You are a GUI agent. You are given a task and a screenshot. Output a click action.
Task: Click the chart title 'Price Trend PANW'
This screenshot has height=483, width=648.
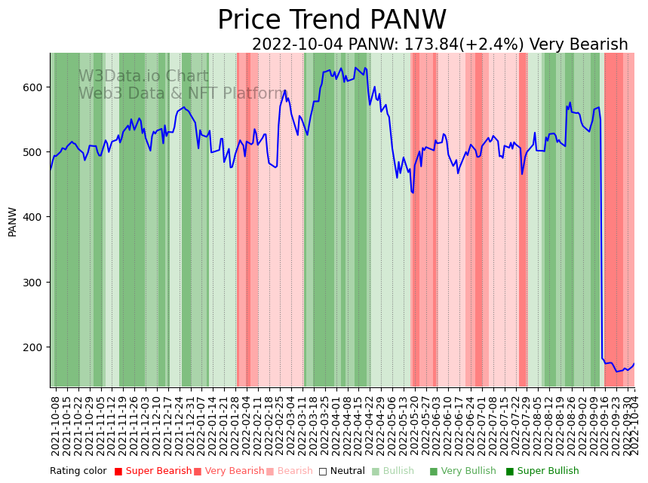tap(332, 20)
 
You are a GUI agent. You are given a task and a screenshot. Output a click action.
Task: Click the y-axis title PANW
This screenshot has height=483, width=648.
tap(12, 222)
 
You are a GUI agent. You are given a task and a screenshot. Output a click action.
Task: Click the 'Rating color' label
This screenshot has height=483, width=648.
tap(78, 472)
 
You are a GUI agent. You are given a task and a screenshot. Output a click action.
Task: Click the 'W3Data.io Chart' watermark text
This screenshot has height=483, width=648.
tap(143, 77)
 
